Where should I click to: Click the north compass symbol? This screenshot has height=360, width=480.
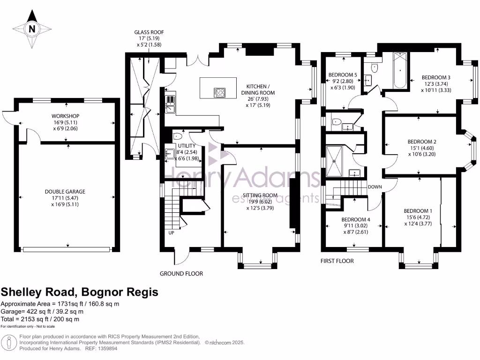(31, 29)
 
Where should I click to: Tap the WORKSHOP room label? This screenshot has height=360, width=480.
(65, 116)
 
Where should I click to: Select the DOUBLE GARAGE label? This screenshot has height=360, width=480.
(65, 191)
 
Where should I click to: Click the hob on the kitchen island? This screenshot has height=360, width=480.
(219, 92)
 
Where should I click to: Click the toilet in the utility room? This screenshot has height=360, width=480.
(177, 136)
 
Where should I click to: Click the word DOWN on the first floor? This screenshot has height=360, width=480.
(375, 187)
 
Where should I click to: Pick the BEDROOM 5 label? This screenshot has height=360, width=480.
(343, 75)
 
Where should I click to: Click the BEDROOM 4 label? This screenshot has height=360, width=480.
(355, 219)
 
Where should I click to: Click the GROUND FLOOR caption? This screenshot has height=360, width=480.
(181, 273)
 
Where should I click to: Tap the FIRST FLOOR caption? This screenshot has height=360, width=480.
(337, 261)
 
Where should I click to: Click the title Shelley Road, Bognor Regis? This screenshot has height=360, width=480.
(79, 292)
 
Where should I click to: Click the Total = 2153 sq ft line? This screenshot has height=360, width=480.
(40, 319)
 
